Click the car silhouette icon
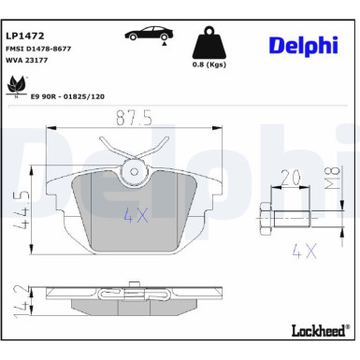(x=151, y=34)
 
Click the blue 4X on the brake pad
(x=136, y=214)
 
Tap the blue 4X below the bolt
(x=300, y=252)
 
